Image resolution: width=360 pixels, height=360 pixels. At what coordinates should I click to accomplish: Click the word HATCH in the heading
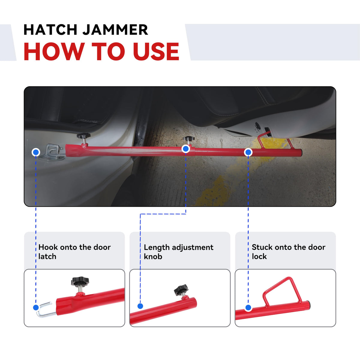pos(50,30)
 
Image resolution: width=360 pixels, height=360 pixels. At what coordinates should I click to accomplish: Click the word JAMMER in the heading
pos(115,30)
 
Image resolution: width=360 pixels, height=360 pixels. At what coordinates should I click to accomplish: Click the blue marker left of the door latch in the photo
pos(36,152)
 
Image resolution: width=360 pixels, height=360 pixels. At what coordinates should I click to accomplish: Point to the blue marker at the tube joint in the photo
pos(186,149)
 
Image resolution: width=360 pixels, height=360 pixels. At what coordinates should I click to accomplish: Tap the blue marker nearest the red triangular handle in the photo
pos(248,152)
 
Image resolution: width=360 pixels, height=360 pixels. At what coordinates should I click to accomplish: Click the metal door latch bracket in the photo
pos(51,152)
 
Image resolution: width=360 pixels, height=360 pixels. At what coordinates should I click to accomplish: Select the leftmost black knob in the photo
pos(83,136)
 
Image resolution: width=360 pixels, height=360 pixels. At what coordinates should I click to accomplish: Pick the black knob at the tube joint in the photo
pos(189,139)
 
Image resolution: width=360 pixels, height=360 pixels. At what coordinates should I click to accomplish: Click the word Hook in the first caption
pos(48,247)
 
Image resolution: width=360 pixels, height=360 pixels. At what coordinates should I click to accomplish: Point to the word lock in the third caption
pos(259,256)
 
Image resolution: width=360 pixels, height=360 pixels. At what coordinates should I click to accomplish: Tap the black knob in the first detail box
pos(80,281)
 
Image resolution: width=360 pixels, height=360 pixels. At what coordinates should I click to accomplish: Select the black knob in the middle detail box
pos(181,289)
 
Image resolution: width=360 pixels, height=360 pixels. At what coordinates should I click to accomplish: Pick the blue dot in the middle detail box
pos(140,306)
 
